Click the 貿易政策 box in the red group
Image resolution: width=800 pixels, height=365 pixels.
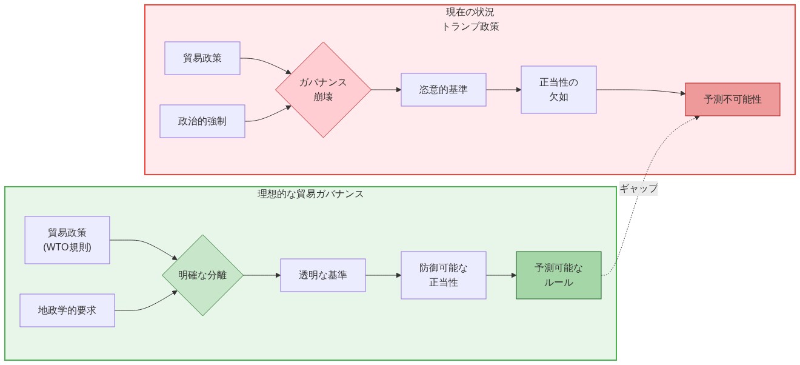[x=202, y=58]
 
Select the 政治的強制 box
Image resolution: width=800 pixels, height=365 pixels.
[x=202, y=121]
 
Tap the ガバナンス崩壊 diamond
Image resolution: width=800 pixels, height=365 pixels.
[x=323, y=90]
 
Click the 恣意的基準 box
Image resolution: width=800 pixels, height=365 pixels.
[x=443, y=90]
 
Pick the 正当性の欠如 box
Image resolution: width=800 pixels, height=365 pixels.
[x=558, y=90]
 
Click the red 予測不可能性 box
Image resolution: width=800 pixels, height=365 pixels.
[x=732, y=99]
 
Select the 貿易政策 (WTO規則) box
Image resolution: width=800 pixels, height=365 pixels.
[x=67, y=240]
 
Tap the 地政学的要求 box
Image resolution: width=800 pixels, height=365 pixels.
[x=67, y=310]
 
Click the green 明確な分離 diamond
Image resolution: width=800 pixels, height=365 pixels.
[x=202, y=275]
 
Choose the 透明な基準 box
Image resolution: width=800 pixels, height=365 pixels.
[x=322, y=275]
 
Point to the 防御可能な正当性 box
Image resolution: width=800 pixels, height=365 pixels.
[x=443, y=275]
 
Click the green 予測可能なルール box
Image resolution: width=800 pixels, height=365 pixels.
[x=558, y=275]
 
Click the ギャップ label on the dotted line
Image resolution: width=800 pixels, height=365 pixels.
[x=638, y=189]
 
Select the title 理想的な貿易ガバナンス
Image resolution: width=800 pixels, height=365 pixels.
[x=310, y=194]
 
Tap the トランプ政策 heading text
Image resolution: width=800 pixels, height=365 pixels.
[x=470, y=27]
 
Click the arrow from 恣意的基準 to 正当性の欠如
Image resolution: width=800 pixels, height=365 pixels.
[x=503, y=90]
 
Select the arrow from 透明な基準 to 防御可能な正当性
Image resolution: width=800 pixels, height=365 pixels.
[x=383, y=275]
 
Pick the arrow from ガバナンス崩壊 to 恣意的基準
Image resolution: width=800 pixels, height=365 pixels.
[x=385, y=90]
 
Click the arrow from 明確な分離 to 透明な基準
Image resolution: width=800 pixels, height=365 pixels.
[x=262, y=275]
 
